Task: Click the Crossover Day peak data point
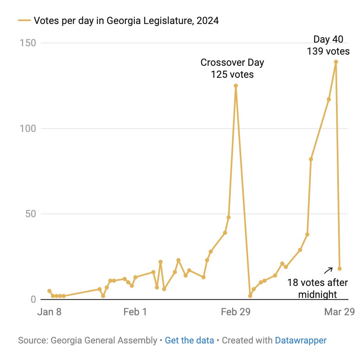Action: [x=235, y=86]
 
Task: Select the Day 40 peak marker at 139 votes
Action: [x=336, y=62]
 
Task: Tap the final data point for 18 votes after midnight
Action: [x=339, y=269]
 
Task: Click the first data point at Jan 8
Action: [x=49, y=291]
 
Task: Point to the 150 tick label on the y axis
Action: [x=28, y=43]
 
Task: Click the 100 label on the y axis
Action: [x=28, y=128]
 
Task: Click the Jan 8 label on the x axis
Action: [x=49, y=312]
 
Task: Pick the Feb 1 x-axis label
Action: [x=135, y=312]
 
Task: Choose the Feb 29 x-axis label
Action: [x=235, y=312]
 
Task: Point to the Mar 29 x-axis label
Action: [x=339, y=312]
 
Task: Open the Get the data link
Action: [x=189, y=341]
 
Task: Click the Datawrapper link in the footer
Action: [x=300, y=341]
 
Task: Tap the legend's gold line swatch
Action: [x=24, y=20]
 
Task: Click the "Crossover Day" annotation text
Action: [x=232, y=63]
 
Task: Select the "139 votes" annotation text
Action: [x=328, y=52]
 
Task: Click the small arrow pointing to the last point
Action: [x=328, y=271]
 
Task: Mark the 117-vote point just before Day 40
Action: [x=329, y=99]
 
